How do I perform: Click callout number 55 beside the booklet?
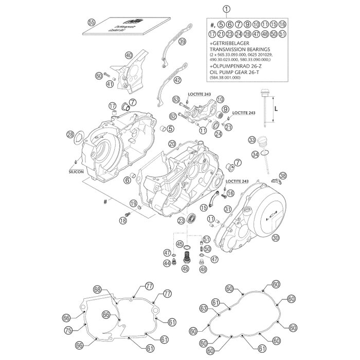point(92,22)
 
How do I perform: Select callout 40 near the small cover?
point(129,55)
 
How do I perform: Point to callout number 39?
point(182,43)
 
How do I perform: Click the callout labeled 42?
point(177,80)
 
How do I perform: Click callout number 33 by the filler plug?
point(252,140)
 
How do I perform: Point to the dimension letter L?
point(276,109)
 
